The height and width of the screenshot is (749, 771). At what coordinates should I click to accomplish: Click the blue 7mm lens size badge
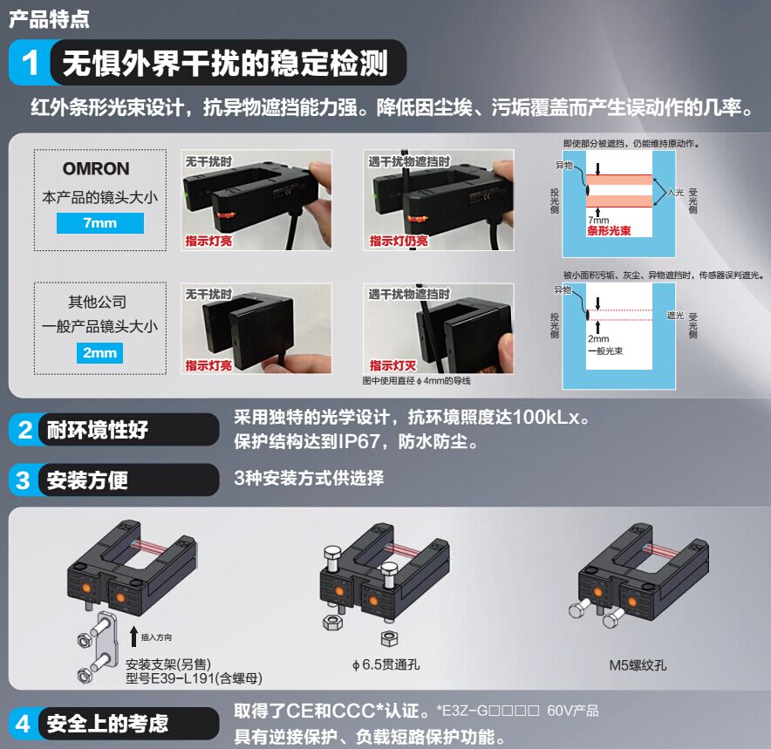100,223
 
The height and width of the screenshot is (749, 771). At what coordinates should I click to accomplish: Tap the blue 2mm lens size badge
99,353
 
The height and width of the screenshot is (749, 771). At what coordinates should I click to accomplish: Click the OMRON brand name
96,168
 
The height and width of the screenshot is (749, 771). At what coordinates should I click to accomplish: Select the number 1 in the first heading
30,63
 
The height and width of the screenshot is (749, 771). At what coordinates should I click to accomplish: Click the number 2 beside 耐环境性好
24,430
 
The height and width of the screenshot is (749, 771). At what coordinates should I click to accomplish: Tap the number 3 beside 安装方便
23,480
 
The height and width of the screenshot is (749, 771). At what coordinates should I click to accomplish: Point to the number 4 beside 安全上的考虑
23,724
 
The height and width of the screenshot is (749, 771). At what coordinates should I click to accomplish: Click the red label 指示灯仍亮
399,241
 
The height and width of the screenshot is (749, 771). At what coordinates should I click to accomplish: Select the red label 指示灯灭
392,365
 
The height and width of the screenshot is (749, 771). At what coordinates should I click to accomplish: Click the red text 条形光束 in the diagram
609,231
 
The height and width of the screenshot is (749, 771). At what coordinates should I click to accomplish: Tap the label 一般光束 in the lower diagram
605,351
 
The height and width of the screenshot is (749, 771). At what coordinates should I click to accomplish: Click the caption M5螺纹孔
638,665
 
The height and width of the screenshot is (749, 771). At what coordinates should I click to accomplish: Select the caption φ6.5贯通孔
386,665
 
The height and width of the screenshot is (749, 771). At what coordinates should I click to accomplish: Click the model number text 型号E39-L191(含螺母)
194,678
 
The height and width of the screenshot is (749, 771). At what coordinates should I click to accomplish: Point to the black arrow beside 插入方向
133,637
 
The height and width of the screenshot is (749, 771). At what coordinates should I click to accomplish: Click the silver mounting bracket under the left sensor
105,640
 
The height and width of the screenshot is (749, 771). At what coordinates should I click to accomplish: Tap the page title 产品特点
49,19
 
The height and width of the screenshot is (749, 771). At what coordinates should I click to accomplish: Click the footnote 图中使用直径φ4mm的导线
417,381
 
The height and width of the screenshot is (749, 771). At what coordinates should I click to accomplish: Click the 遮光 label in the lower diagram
675,315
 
